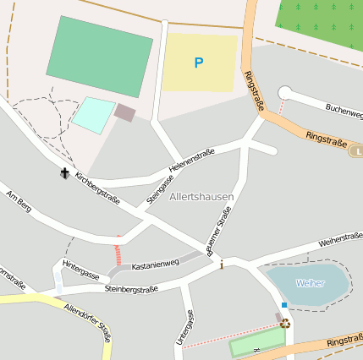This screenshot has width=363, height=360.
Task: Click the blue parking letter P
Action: click(x=199, y=63)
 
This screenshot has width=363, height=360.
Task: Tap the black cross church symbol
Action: click(x=64, y=173)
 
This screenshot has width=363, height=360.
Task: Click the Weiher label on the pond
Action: click(x=310, y=283)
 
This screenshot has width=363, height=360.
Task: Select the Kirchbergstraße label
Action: click(x=97, y=189)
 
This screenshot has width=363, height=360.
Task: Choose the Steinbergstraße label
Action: click(x=131, y=290)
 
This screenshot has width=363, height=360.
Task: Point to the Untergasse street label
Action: click(x=186, y=328)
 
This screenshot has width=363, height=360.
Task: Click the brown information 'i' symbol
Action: click(x=222, y=265)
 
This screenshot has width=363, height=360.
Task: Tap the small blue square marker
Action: click(x=284, y=305)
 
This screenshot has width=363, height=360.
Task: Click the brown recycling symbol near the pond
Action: click(x=285, y=322)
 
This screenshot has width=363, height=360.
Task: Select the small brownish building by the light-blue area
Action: click(x=124, y=112)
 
